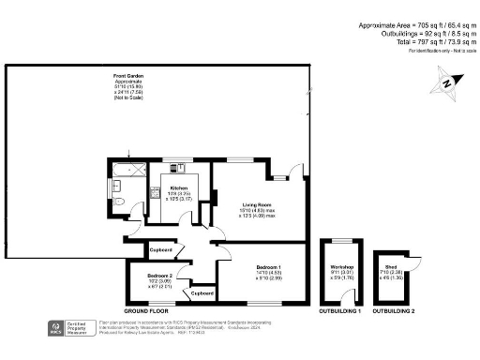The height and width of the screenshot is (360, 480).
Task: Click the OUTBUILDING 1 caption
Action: tap(339, 310)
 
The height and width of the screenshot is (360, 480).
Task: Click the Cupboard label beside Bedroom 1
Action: tap(203, 293)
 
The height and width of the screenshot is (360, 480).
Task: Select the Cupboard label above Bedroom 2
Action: tap(161, 250)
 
